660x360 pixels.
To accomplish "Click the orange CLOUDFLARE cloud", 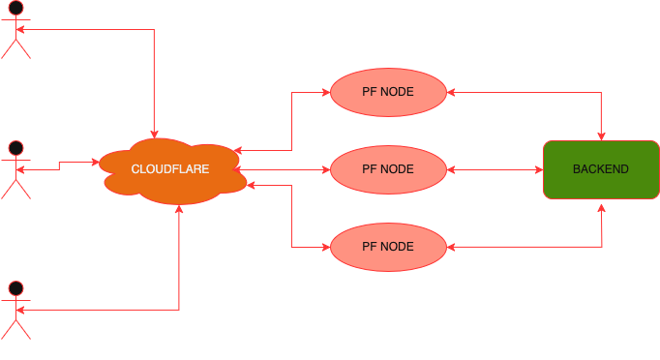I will (169, 170).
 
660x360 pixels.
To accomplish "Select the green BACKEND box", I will (600, 169).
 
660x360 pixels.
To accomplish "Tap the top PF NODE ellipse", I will (387, 93).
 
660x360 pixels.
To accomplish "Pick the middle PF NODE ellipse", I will (387, 169).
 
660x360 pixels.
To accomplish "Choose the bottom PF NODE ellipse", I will (387, 246).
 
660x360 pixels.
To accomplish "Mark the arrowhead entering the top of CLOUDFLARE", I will (154, 135).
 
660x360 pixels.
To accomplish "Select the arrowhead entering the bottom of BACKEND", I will (603, 205).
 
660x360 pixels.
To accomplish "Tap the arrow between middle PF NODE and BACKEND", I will (494, 169).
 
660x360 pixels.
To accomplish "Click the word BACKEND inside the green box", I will (600, 169).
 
